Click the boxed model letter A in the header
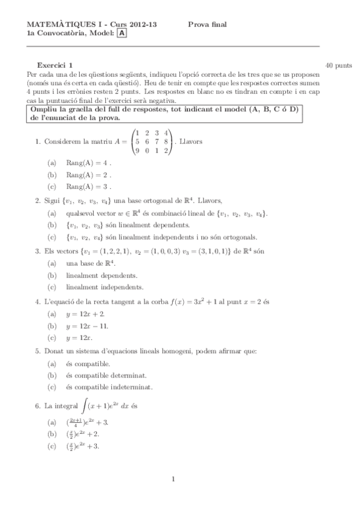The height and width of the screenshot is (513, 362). (x=122, y=34)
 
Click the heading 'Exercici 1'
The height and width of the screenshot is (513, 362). (x=55, y=64)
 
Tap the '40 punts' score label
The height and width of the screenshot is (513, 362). (x=338, y=64)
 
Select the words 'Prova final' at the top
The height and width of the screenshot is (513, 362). (x=207, y=24)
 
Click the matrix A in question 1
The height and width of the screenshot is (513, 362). (x=152, y=142)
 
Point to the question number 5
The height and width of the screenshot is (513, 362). (x=37, y=351)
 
